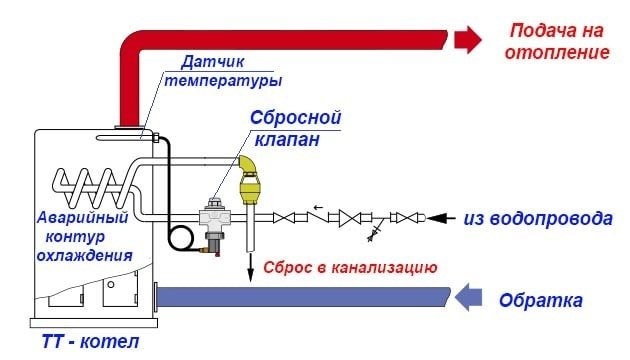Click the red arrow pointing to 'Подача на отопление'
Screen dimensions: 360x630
pos(467,39)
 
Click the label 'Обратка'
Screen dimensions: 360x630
pos(540,299)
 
